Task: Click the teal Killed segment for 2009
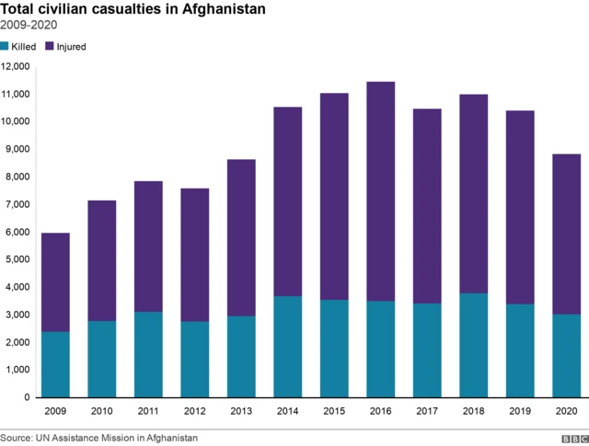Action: pos(56,364)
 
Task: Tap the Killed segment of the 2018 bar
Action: pos(473,345)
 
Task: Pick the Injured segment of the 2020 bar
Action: pos(566,234)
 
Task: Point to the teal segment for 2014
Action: pos(288,347)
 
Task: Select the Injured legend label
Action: pos(72,46)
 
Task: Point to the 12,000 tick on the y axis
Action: pos(17,66)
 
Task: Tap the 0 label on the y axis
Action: pos(29,397)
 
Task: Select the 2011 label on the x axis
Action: pos(149,412)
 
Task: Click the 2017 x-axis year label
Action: pos(427,412)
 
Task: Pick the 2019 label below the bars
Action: pos(520,412)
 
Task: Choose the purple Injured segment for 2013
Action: pos(242,238)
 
